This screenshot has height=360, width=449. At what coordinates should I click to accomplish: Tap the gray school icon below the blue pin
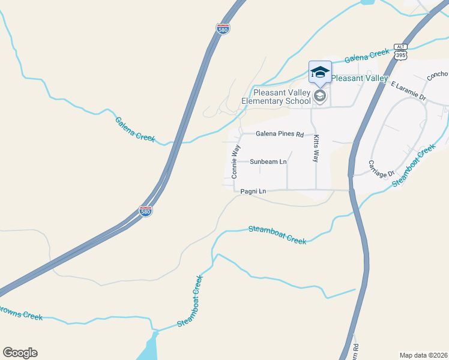[320, 95]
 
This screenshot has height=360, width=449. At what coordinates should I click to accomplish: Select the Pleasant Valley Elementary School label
[282, 97]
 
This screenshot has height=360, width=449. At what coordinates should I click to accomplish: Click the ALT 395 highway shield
[401, 52]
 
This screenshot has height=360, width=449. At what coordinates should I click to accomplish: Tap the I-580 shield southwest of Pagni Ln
[145, 211]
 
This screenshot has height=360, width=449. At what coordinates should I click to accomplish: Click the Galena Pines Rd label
[280, 134]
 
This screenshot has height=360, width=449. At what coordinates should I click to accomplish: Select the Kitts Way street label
[316, 148]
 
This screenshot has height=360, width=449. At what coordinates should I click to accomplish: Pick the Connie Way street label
[235, 162]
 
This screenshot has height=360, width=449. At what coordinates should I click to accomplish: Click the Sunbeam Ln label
[268, 162]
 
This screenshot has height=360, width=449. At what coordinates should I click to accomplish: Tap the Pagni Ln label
[253, 191]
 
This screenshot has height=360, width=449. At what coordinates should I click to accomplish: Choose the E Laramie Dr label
[408, 91]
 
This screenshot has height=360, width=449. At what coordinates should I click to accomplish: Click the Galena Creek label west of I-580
[135, 128]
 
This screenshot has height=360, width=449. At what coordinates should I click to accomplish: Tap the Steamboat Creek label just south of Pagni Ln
[277, 235]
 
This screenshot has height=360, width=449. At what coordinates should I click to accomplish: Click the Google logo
[20, 353]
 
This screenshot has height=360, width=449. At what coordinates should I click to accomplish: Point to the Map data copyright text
[423, 355]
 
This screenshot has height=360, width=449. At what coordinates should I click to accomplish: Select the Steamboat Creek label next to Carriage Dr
[414, 165]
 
